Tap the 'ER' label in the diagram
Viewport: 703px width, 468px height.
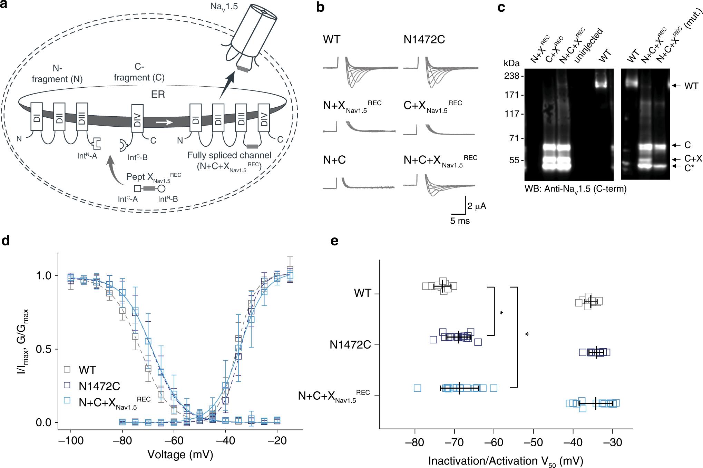pyautogui.click(x=158, y=94)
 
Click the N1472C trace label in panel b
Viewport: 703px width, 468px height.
pyautogui.click(x=424, y=39)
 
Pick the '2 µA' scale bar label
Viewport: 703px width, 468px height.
pyautogui.click(x=477, y=206)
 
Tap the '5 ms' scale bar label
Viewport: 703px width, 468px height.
pyautogui.click(x=460, y=221)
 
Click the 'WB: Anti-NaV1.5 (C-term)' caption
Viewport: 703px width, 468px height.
pyautogui.click(x=575, y=189)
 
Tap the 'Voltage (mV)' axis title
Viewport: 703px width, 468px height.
pyautogui.click(x=180, y=454)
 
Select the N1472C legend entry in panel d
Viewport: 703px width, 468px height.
pyautogui.click(x=92, y=386)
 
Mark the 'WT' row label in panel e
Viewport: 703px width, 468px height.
pyautogui.click(x=362, y=293)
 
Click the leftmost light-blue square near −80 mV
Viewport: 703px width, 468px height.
pyautogui.click(x=417, y=388)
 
